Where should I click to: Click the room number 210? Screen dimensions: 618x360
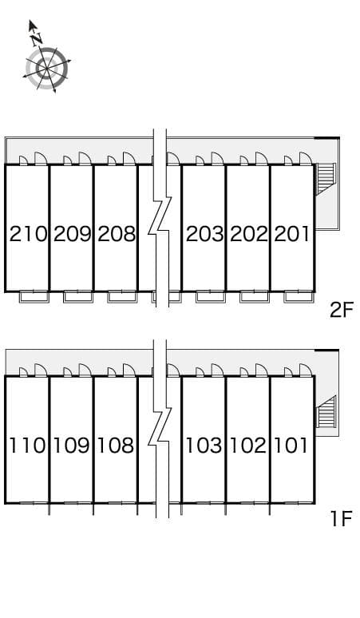coord(28,234)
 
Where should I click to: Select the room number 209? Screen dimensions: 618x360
coord(72,234)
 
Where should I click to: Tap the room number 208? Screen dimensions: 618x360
coord(116,234)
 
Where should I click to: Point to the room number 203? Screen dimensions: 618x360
coord(204,234)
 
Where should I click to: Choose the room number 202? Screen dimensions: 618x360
coord(248,234)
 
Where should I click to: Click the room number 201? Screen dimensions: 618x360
coord(292,234)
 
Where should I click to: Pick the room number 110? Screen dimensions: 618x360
coord(28,445)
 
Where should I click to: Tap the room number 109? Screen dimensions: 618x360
coord(72,445)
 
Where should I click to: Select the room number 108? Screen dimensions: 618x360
coord(116,445)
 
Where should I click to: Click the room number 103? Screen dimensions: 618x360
coord(204,445)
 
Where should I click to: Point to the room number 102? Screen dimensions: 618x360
coord(248,445)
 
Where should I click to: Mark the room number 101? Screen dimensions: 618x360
coord(292,445)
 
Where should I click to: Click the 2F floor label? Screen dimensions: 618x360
coord(341,310)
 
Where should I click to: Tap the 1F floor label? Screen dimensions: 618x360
coord(341,519)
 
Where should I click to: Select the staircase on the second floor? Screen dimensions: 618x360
coord(326,180)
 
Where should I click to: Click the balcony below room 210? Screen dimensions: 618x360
coord(34,297)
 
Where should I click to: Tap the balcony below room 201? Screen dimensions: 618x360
coord(299,297)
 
